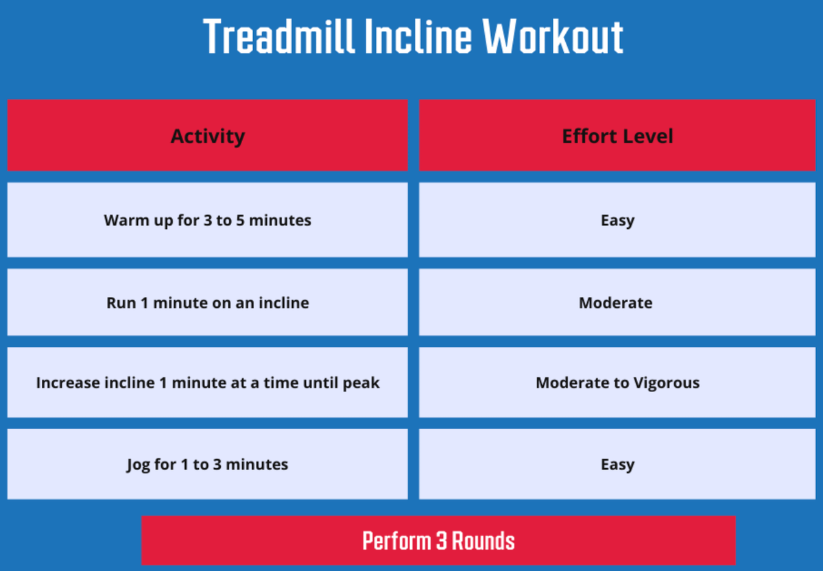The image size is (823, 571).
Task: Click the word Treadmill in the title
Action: [279, 37]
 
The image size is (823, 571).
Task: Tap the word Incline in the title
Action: [418, 37]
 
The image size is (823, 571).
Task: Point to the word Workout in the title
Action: [553, 37]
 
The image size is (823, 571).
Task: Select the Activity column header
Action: [208, 135]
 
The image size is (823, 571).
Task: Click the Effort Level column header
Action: [617, 135]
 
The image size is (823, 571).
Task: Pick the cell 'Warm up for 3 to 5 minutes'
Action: [208, 220]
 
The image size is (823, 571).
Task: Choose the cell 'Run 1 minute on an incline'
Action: [208, 302]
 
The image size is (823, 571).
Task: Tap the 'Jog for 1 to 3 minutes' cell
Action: [208, 464]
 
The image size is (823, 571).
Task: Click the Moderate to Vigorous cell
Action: [617, 382]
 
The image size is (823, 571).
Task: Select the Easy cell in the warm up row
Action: [617, 220]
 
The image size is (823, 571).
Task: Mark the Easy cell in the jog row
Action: [617, 464]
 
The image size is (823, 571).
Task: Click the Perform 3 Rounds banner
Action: [438, 540]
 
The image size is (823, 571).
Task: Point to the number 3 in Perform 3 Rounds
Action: [441, 541]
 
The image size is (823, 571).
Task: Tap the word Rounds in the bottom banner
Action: [483, 541]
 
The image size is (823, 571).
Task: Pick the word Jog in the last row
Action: [138, 465]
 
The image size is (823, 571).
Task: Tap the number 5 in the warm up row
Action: [240, 220]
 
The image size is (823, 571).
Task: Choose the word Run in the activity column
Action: [121, 303]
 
